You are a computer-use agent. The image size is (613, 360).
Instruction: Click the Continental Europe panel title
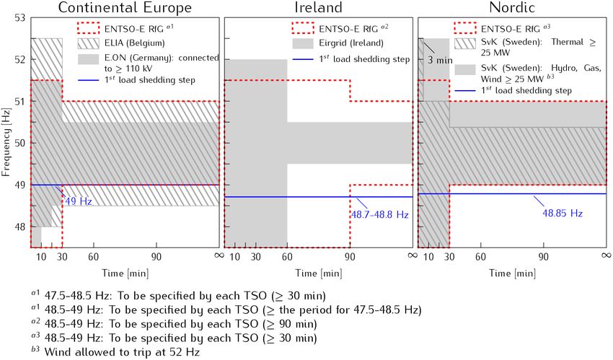pos(125,8)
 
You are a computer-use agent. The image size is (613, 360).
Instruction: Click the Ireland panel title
pos(318,8)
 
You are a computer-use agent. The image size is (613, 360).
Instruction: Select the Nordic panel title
pos(511,8)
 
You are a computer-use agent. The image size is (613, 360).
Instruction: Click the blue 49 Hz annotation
pos(79,201)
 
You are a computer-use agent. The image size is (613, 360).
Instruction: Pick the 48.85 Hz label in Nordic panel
pos(562,214)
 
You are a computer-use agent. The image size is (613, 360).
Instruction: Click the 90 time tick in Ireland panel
pos(350,256)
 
